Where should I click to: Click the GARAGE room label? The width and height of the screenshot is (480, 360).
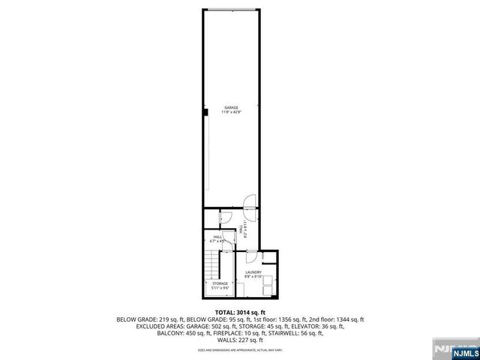231,107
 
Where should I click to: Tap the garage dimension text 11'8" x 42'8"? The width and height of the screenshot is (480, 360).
231,112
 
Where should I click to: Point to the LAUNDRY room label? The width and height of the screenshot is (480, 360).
253,272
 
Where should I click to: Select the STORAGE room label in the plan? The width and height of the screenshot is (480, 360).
220,283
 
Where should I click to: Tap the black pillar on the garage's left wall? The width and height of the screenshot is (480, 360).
204,113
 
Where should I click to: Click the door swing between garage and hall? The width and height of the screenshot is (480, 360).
249,201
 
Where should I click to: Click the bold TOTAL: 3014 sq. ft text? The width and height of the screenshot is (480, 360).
240,312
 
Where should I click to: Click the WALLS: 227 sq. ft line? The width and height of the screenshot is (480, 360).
240,340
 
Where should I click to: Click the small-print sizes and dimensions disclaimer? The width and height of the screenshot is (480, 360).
240,349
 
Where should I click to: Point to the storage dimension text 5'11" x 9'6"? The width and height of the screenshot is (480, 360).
220,288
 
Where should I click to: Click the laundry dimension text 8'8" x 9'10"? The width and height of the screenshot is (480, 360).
253,277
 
